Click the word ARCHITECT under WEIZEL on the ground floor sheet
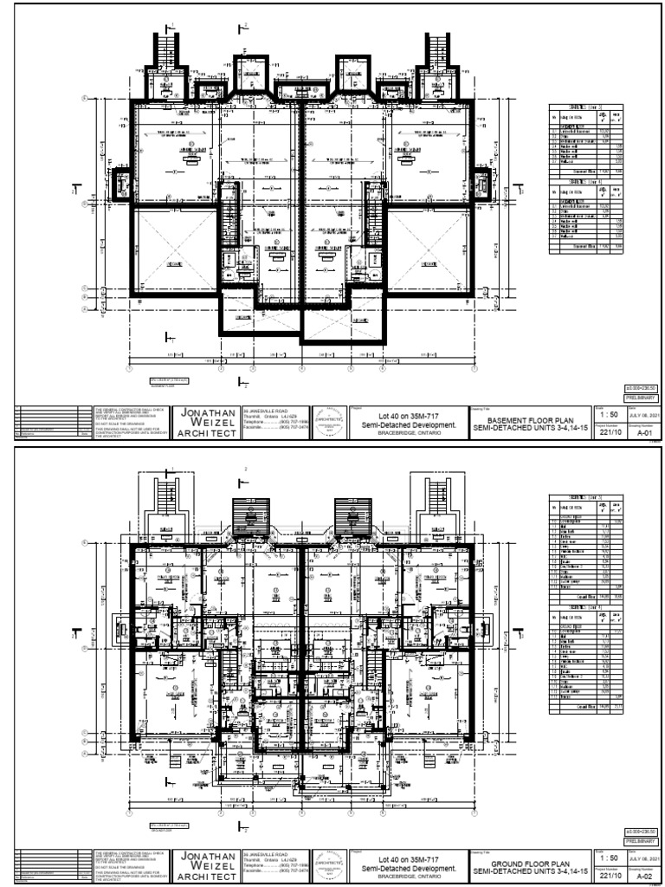(x=208, y=878)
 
